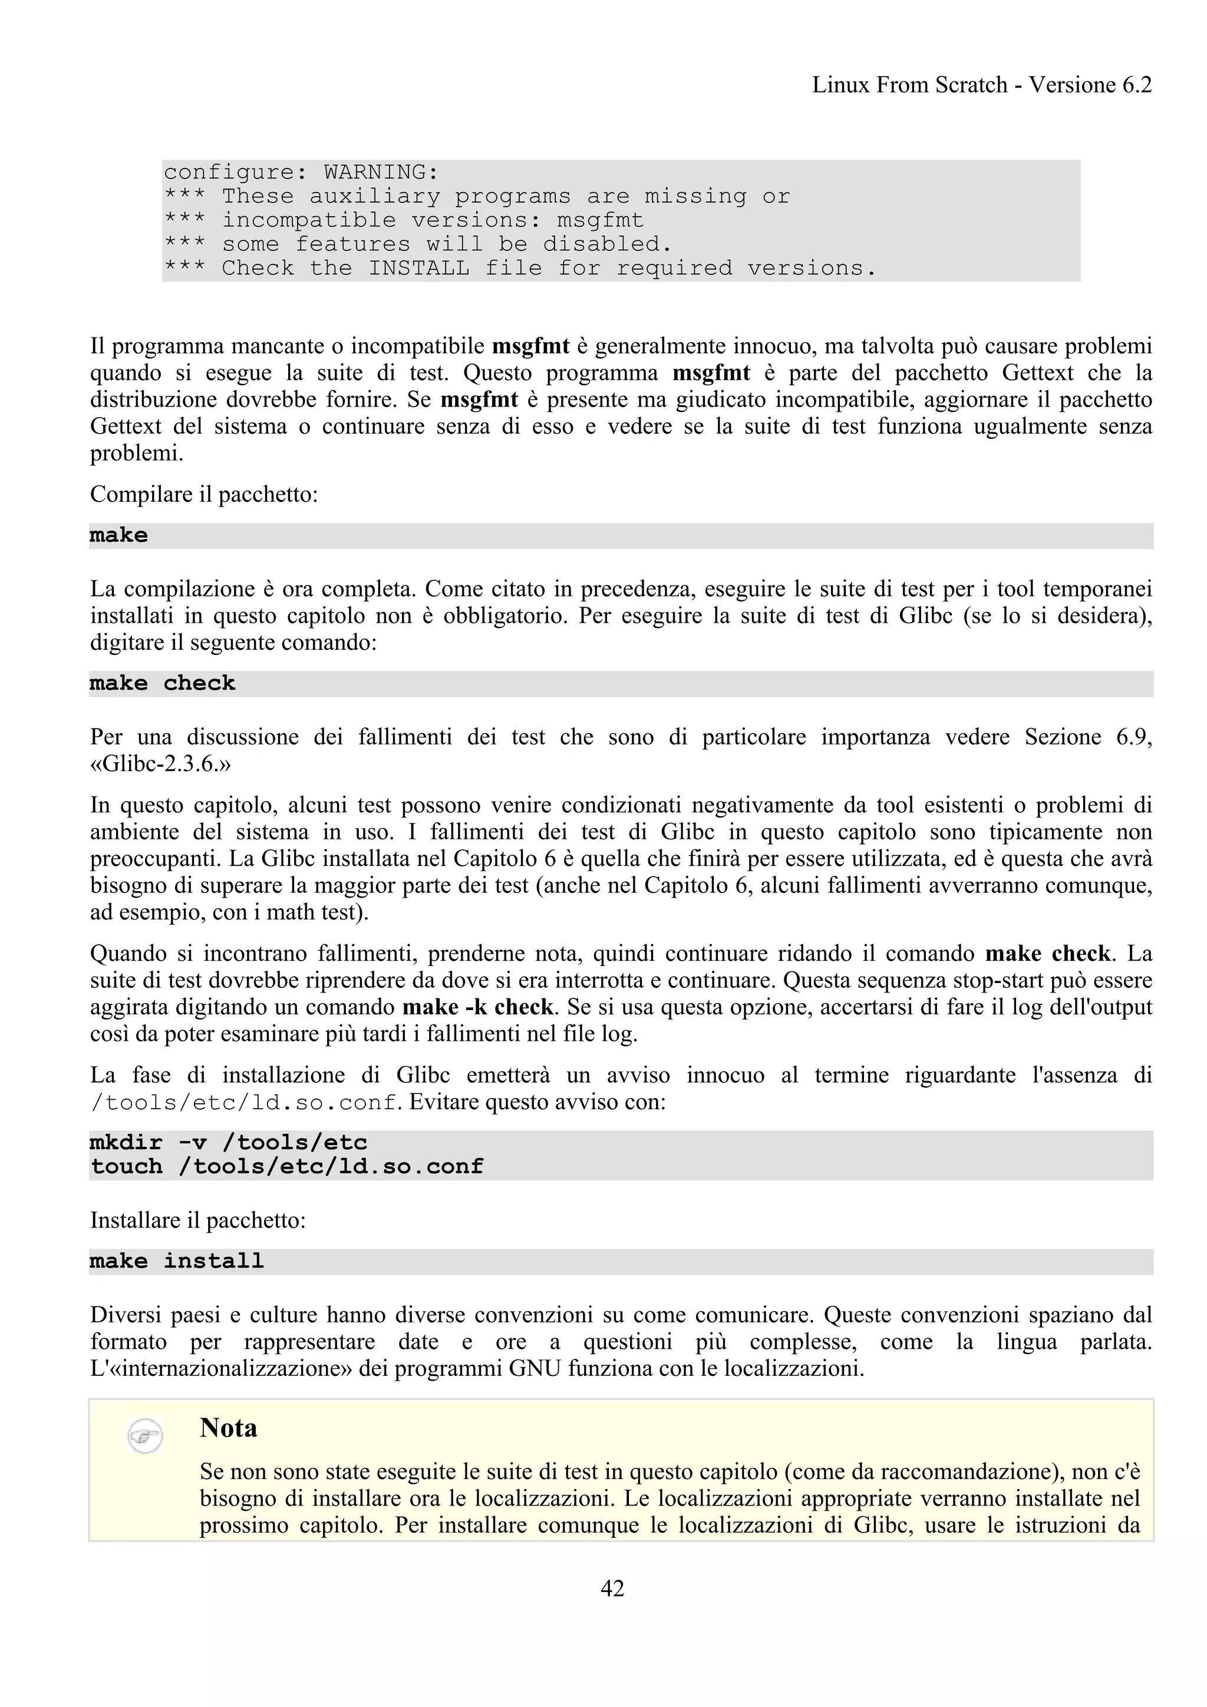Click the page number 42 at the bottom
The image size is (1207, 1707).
coord(612,1588)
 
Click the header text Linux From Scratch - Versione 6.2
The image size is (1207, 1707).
coord(982,85)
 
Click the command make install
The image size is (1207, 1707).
coord(177,1262)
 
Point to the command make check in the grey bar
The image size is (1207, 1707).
coord(162,684)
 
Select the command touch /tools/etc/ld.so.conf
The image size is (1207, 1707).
coord(287,1166)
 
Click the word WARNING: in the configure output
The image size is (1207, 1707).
coord(381,173)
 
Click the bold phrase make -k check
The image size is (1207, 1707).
coord(477,1007)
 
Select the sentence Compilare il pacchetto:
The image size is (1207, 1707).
coord(204,494)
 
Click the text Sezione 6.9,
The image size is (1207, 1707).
coord(1088,737)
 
